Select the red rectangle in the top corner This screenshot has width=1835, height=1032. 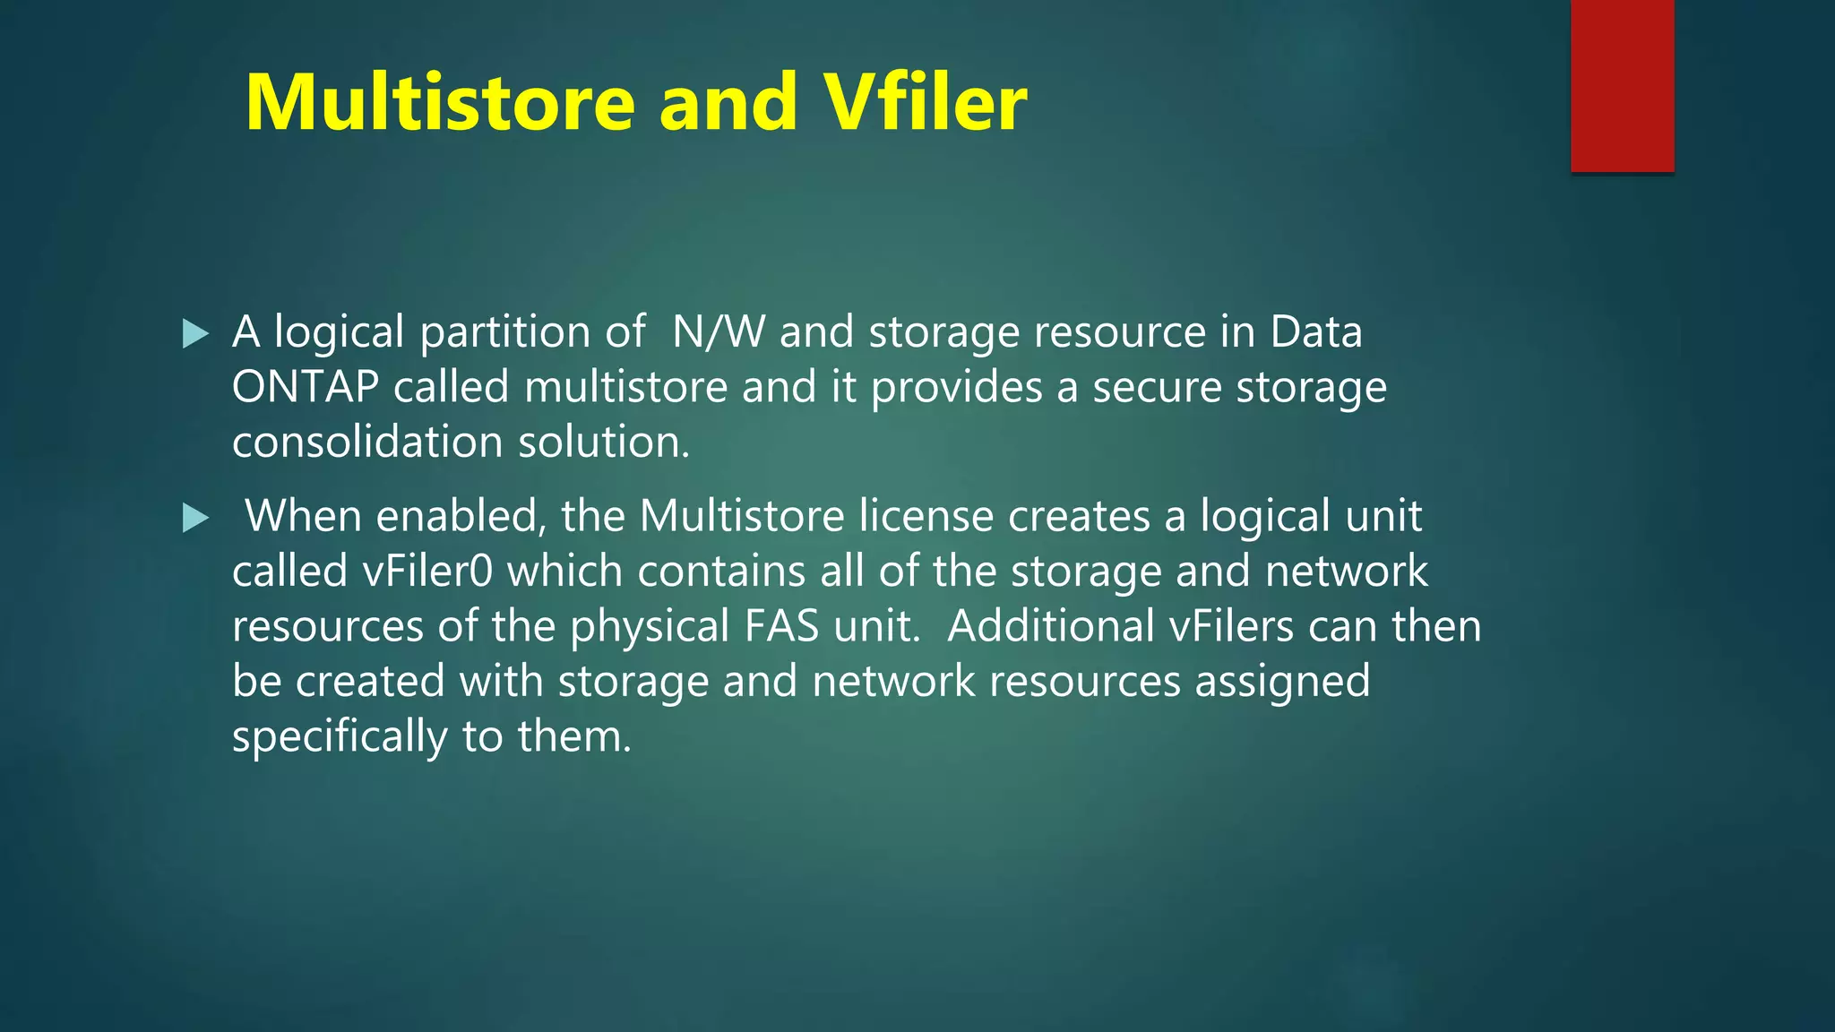[1622, 86]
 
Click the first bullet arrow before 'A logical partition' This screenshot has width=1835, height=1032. [194, 334]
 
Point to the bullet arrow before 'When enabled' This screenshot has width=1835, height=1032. [194, 518]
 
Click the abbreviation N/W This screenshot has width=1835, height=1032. [719, 332]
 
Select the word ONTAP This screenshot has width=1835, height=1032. [305, 388]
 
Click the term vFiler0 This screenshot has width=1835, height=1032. [427, 572]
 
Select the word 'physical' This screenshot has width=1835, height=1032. [650, 627]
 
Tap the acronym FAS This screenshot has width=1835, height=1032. [781, 627]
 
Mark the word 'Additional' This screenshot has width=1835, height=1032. [1051, 627]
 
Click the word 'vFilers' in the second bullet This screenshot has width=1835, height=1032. [1232, 627]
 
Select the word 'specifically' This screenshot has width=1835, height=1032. [340, 737]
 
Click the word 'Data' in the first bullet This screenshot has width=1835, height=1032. [1315, 332]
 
